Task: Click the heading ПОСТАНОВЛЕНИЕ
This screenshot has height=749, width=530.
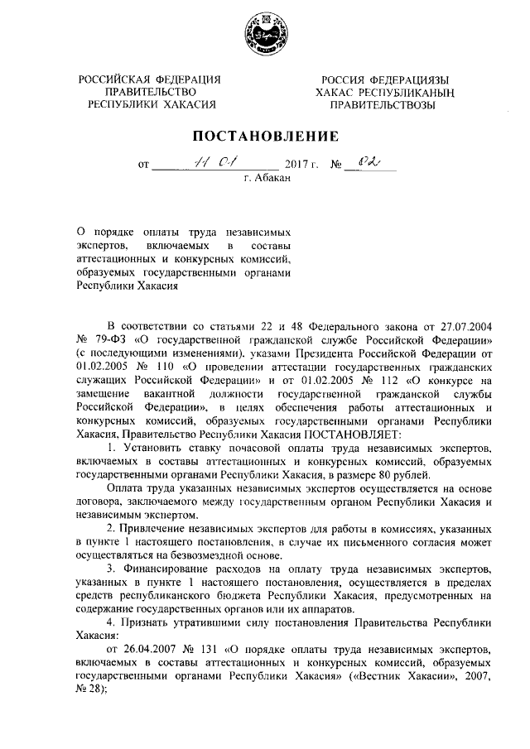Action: tap(266, 136)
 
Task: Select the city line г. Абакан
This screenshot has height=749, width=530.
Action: tap(265, 177)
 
